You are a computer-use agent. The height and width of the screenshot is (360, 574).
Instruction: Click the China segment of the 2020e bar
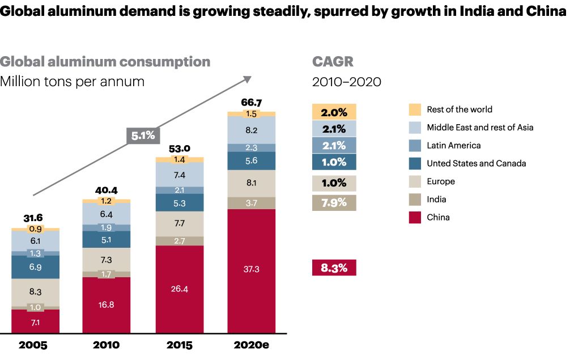[252, 270]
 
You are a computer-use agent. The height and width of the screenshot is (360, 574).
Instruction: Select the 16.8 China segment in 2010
[106, 304]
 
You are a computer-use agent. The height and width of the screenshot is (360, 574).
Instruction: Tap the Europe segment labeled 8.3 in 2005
[36, 293]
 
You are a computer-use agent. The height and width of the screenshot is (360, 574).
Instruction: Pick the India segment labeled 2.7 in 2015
[180, 241]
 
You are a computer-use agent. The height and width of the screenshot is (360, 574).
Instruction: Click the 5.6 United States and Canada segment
[252, 161]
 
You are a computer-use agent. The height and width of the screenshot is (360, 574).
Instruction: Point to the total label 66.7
[252, 103]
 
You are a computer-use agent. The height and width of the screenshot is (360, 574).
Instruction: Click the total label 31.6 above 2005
[33, 218]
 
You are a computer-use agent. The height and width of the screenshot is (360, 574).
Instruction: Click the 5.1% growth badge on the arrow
[143, 136]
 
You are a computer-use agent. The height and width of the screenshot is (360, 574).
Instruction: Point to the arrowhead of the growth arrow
[248, 78]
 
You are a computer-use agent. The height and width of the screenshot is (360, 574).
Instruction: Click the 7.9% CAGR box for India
[334, 202]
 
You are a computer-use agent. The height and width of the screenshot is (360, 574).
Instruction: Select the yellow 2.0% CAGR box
[334, 112]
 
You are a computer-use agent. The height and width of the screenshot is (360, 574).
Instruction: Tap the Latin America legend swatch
[415, 145]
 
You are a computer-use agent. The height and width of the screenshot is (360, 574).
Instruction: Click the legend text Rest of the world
[460, 109]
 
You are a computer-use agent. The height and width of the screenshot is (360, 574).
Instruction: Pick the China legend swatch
[415, 217]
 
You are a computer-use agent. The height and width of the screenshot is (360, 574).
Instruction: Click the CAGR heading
[333, 62]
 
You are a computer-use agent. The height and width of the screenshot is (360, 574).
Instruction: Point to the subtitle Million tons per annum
[72, 82]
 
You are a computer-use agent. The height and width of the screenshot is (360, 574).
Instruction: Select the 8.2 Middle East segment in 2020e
[252, 130]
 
